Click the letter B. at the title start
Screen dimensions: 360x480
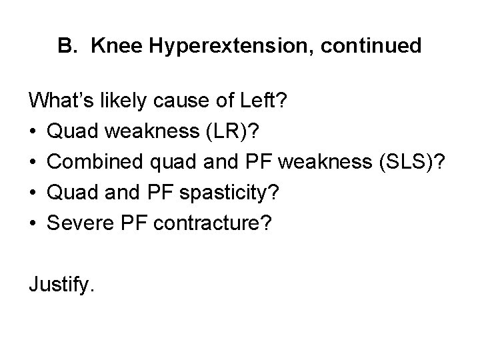[x=69, y=47]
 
